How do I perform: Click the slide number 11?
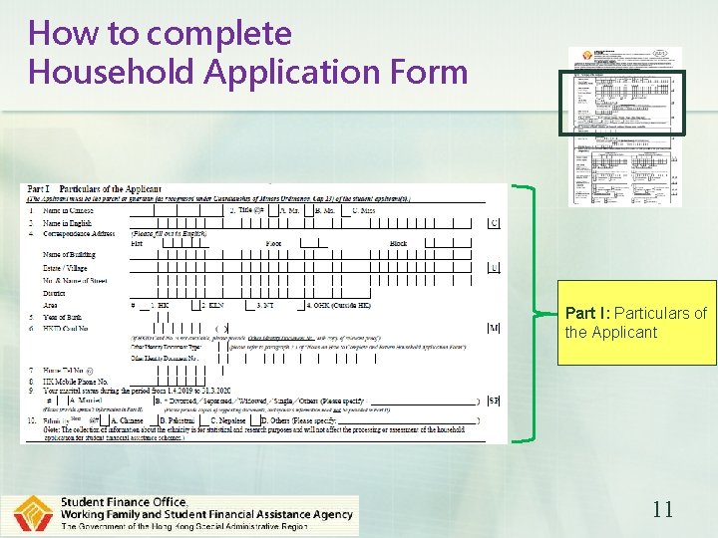pos(662,509)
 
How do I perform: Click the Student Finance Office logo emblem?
pos(33,514)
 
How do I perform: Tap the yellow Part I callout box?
pos(636,322)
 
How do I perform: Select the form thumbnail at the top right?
pos(625,126)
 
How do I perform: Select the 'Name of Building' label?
pos(69,255)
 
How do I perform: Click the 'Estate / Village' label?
pos(66,268)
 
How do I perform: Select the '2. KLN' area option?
pos(213,305)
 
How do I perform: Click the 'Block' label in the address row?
pos(399,243)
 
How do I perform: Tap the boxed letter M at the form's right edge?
pos(494,328)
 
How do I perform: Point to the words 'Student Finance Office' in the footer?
pos(124,501)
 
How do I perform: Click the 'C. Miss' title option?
pos(363,210)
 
